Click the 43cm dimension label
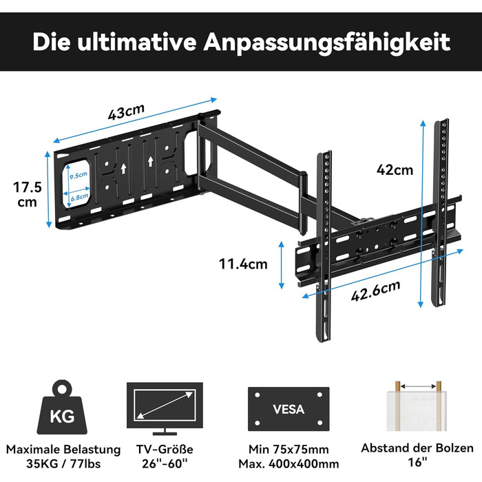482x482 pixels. [126, 112]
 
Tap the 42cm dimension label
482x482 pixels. [395, 170]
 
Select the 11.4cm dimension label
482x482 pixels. [243, 264]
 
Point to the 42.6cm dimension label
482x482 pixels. [376, 291]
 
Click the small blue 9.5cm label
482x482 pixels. [78, 175]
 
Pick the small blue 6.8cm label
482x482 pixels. [80, 198]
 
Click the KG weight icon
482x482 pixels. [62, 407]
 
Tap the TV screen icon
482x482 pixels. [165, 408]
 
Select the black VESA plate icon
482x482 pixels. [289, 409]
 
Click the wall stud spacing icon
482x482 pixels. [417, 406]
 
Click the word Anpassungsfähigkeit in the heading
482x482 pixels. [326, 43]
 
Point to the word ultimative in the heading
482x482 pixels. [136, 41]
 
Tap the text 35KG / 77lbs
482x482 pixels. [63, 463]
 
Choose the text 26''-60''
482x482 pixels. [165, 463]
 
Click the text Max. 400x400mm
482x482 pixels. [289, 463]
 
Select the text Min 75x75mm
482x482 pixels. [289, 450]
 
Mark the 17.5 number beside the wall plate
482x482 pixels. [28, 187]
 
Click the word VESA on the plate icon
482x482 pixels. [289, 409]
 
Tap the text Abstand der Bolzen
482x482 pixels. [417, 448]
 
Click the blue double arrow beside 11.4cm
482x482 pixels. [281, 265]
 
